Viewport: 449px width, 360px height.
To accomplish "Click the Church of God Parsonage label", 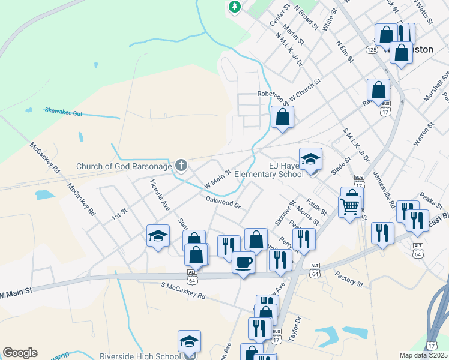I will click(124, 166).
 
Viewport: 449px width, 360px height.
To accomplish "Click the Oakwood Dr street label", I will click(223, 202).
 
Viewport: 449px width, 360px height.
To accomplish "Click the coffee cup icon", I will click(243, 262).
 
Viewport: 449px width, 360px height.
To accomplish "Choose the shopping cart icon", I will click(349, 207).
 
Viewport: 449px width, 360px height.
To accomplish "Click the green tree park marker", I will click(235, 7).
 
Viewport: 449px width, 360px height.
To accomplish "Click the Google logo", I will click(20, 353).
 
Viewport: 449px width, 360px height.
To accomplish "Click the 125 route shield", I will click(372, 50).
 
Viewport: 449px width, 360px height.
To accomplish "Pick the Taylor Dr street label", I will click(294, 328).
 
